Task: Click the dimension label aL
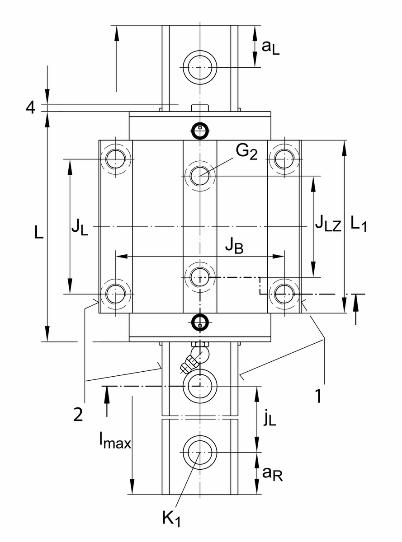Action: [270, 47]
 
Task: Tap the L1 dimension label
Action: [359, 223]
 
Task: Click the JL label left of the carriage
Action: [80, 227]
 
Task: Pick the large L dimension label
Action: [38, 232]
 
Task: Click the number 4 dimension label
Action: [31, 108]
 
